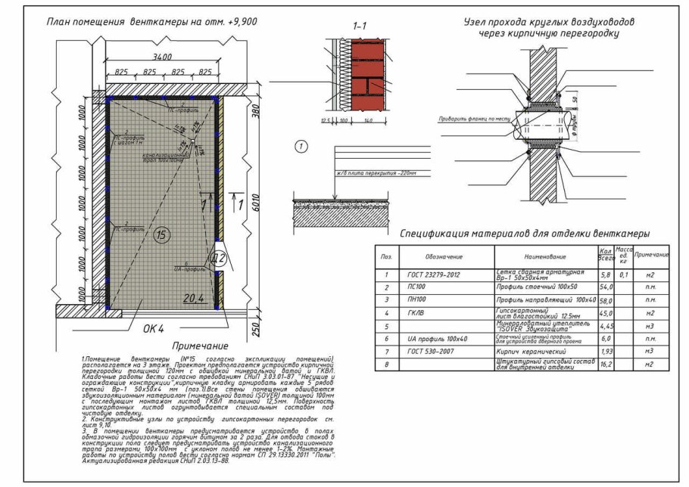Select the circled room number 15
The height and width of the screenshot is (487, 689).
161,236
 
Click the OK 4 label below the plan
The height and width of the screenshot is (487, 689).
154,329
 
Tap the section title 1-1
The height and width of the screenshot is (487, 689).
360,26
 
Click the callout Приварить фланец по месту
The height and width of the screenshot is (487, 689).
469,119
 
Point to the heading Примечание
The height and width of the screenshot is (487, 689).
184,345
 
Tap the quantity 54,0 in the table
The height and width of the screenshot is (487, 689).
605,288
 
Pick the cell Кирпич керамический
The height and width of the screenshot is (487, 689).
534,352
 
